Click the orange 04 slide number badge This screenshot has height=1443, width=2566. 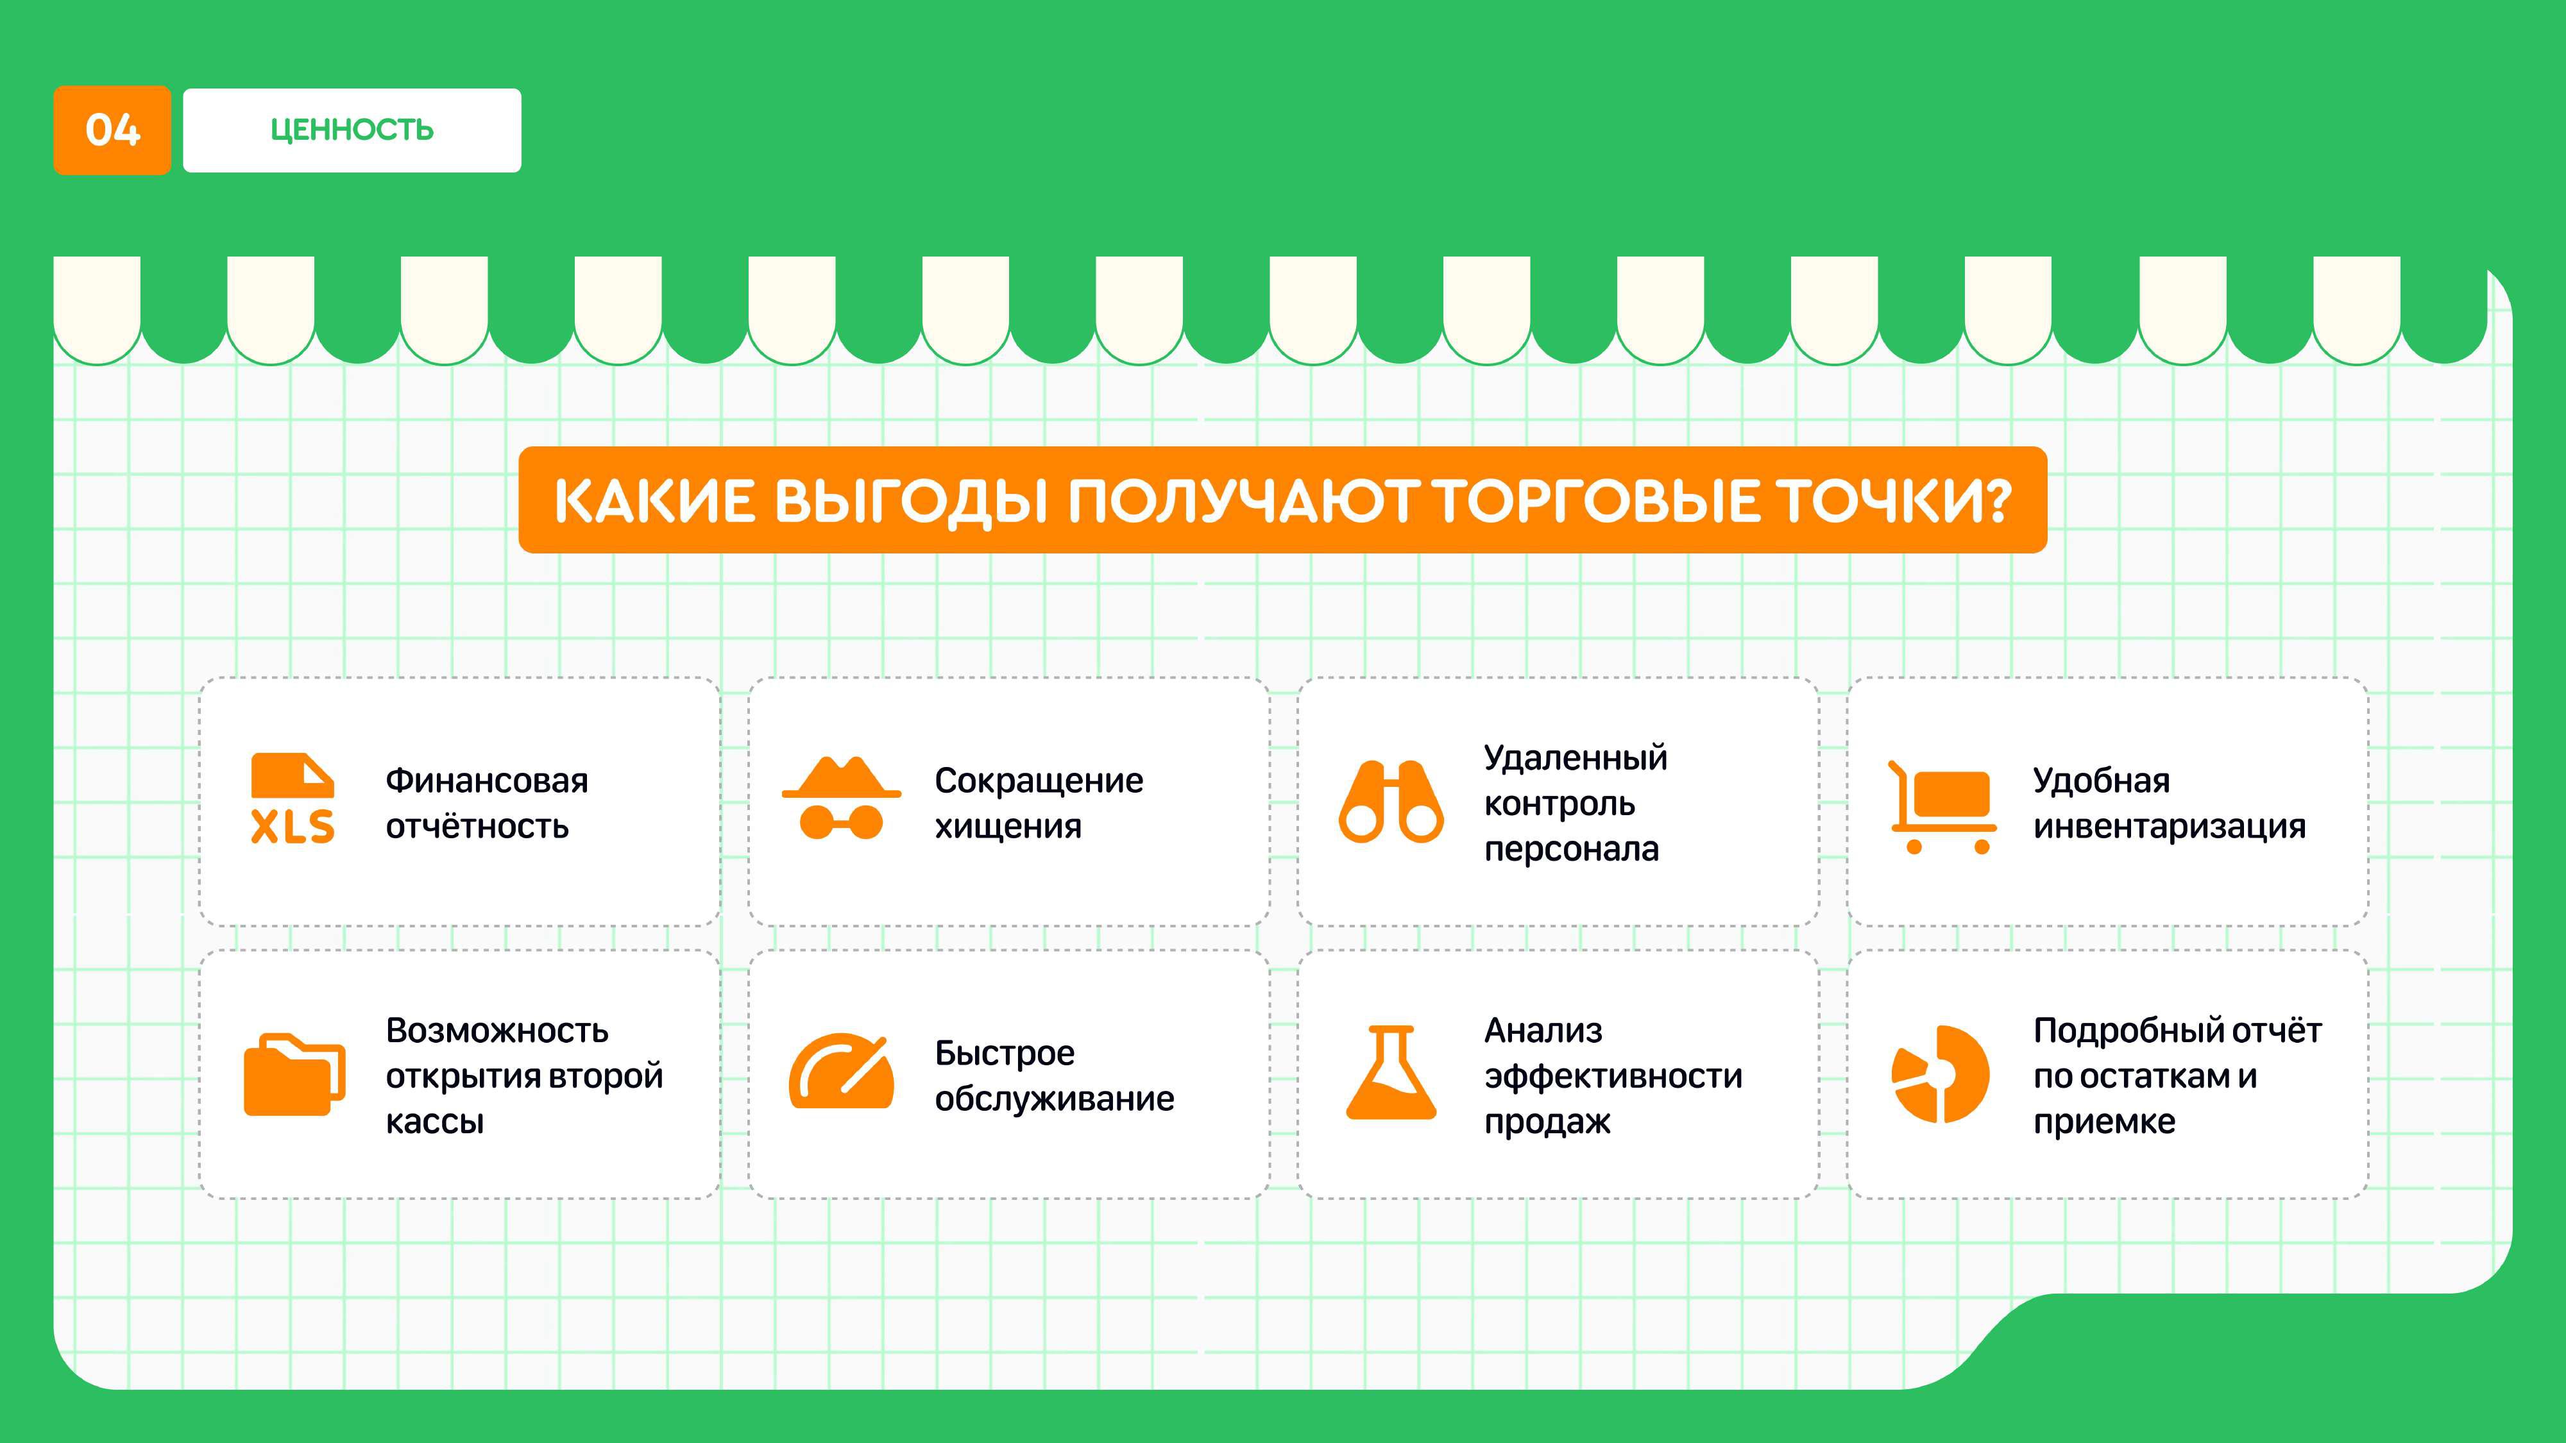coord(112,130)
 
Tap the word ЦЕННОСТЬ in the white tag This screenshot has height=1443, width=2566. coord(352,130)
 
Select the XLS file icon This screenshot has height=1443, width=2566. coord(293,798)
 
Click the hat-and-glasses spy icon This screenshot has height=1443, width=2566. coord(842,798)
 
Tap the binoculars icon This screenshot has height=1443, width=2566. coord(1391,803)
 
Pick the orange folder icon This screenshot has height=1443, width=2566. coord(295,1074)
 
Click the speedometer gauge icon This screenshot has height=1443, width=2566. coord(842,1070)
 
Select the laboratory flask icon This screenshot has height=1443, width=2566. coord(1391,1072)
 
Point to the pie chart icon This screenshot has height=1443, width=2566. coord(1941,1074)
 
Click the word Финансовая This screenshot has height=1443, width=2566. coord(487,781)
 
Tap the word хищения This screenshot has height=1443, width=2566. coord(1008,827)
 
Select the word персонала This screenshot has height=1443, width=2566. coord(1572,850)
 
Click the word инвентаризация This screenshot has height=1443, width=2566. coord(2170,827)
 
